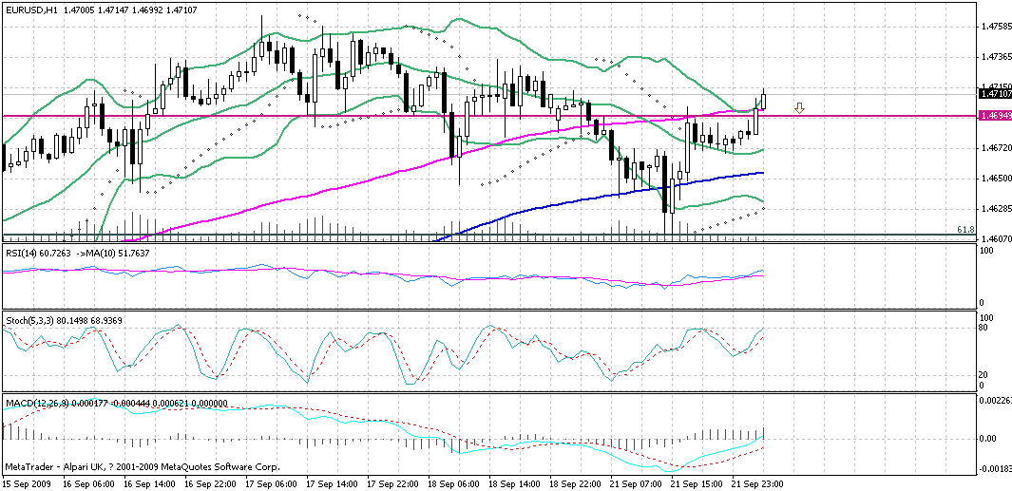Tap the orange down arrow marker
click(799, 109)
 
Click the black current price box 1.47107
click(994, 94)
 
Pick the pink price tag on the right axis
click(994, 116)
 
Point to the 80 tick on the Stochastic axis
click(984, 328)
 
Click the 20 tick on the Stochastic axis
click(984, 374)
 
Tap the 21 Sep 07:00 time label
click(636, 483)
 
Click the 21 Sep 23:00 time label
click(756, 483)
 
